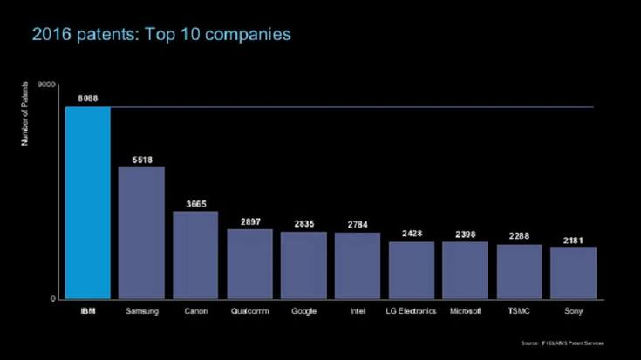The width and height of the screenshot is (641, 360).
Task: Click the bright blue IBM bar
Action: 87,202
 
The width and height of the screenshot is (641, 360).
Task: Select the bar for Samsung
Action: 141,233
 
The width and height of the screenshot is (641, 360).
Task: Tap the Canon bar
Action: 195,255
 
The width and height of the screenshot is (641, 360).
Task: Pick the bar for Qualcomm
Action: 249,263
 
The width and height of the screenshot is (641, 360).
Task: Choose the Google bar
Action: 303,265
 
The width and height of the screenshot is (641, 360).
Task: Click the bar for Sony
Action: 573,273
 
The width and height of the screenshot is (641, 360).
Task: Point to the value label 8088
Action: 87,99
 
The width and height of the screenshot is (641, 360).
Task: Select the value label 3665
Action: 195,204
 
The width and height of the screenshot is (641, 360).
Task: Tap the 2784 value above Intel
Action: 357,225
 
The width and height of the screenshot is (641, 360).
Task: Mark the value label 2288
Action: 519,236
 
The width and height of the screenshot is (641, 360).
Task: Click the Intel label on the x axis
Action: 357,311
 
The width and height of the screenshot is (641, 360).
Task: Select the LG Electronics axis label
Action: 411,311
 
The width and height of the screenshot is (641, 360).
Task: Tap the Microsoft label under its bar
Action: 465,311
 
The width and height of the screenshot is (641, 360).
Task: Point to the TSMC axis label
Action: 519,311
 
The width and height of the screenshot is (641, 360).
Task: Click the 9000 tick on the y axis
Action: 48,84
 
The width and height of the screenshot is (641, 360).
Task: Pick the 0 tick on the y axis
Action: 55,299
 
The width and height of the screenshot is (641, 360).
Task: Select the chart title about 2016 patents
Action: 161,34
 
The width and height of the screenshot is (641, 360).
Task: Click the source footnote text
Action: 563,343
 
